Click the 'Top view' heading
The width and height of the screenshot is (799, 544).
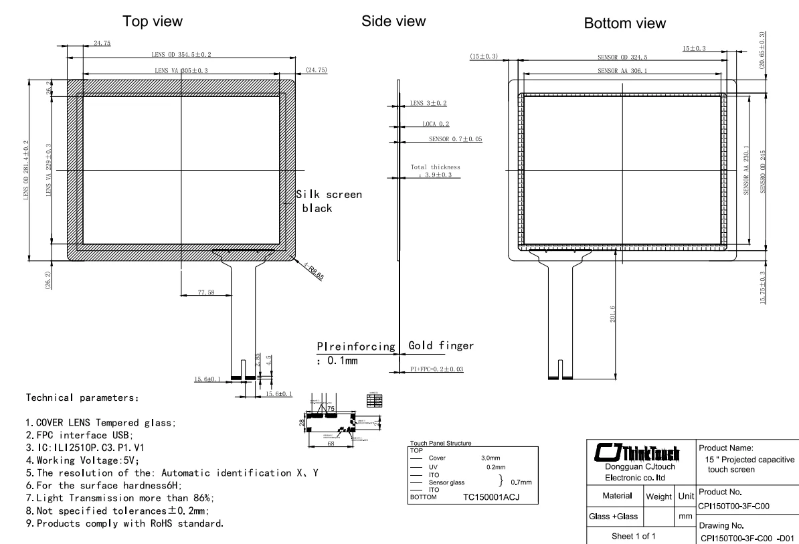click(x=152, y=21)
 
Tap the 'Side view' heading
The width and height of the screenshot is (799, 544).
click(x=393, y=21)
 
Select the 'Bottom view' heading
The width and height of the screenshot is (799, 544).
click(x=624, y=23)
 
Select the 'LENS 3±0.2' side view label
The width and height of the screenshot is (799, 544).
click(x=428, y=103)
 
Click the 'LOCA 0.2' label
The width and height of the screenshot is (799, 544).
click(x=436, y=124)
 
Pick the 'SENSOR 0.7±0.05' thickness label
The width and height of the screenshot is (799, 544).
click(x=455, y=139)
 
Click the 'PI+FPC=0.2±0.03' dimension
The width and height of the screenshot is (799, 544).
click(x=436, y=369)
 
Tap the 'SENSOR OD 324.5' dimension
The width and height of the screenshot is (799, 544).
click(x=622, y=58)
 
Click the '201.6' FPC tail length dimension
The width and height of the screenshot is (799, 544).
click(x=613, y=314)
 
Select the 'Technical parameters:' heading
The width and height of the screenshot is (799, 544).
click(x=82, y=397)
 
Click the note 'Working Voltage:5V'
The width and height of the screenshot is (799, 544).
click(x=82, y=460)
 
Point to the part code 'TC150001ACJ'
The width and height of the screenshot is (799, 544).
click(x=491, y=497)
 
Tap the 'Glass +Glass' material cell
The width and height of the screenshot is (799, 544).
click(x=614, y=517)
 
